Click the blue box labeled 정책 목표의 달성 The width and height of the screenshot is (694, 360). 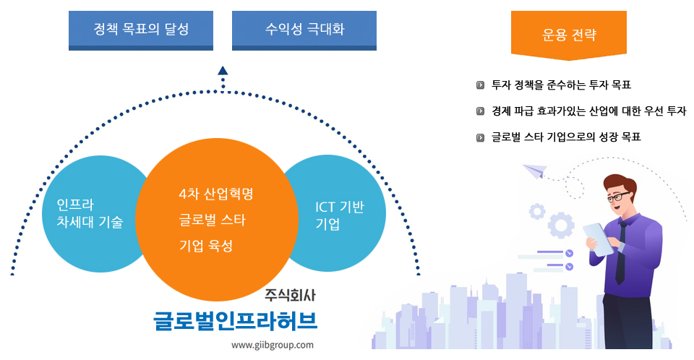[141, 30]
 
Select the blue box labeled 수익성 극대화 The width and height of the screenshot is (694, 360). [304, 30]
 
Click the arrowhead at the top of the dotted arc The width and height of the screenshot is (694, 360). [223, 71]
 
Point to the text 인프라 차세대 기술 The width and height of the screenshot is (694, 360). [90, 213]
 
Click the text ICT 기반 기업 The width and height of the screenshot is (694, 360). [339, 215]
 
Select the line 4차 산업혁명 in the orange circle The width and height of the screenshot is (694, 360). [215, 194]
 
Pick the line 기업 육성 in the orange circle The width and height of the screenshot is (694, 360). [206, 245]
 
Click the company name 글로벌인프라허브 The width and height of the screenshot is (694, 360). [235, 320]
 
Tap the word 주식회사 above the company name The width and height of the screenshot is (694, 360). [291, 295]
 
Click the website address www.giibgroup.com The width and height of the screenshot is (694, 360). [273, 345]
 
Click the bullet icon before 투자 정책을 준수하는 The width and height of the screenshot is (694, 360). [480, 85]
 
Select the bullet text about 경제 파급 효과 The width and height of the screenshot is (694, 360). [588, 111]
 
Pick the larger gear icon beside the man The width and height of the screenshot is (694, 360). [561, 225]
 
